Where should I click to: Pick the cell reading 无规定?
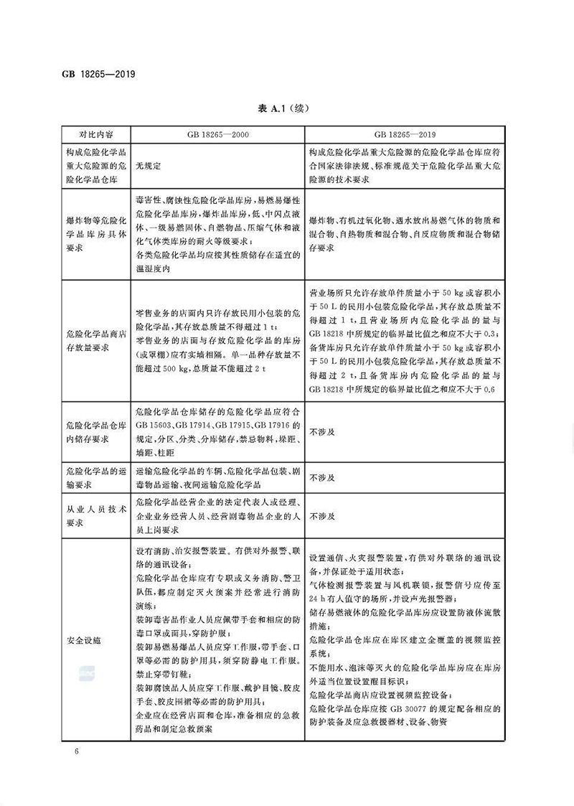[x=149, y=165]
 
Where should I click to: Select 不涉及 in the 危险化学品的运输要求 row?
[x=322, y=477]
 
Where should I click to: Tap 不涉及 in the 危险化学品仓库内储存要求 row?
[x=322, y=434]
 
